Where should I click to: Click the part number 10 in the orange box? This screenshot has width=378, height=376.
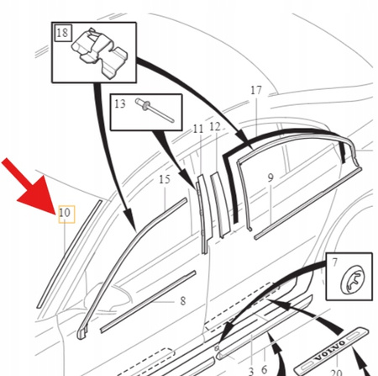65,213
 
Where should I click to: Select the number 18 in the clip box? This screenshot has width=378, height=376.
62,33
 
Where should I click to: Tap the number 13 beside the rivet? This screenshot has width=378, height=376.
120,103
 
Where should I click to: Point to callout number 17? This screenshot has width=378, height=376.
256,90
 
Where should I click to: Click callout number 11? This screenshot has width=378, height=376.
198,129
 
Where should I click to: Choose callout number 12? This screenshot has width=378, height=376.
215,127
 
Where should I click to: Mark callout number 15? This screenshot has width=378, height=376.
165,179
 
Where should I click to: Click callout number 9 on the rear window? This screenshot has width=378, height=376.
270,177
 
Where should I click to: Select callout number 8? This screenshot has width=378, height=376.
183,301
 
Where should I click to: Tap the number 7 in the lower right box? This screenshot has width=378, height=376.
334,262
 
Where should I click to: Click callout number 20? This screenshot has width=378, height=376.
337,373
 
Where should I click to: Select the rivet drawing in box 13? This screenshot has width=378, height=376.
155,110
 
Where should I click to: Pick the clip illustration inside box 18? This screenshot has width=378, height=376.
99,53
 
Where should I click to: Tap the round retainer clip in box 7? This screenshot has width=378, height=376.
352,279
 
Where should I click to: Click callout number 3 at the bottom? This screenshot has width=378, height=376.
251,371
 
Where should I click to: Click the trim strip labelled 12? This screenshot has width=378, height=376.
220,204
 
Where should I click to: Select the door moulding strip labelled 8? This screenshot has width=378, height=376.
148,301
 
